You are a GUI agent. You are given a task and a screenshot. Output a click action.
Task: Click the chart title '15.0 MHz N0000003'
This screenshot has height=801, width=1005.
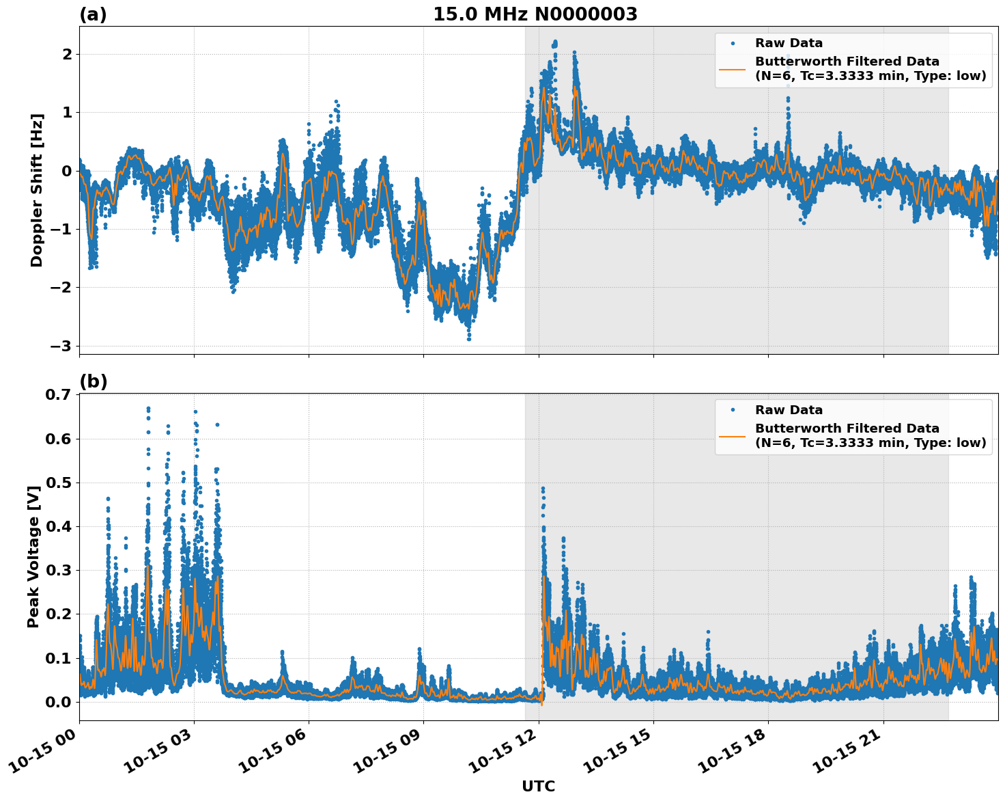535,14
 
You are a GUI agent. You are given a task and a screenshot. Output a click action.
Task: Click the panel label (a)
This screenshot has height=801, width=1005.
93,14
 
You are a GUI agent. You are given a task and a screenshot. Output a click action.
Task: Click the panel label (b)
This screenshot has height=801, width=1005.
93,381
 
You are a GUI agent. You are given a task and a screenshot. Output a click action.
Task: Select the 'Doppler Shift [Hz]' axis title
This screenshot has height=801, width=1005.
37,190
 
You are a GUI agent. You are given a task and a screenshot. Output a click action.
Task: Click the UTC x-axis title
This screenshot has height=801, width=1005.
538,786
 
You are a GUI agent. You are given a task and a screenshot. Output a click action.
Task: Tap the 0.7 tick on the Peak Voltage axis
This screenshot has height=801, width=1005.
58,395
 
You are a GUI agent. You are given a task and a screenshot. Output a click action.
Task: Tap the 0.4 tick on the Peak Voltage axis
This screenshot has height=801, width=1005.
58,526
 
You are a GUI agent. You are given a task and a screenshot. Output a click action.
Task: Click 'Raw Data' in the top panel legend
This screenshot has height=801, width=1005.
789,43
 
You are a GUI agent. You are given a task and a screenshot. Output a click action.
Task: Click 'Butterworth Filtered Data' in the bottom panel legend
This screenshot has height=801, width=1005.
847,429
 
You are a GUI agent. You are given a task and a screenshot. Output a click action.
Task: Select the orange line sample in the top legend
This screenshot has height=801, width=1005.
733,69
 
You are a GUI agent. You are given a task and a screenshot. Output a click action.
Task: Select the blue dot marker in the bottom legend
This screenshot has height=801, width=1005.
733,410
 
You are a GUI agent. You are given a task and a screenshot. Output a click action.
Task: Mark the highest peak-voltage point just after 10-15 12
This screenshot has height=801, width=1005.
543,489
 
